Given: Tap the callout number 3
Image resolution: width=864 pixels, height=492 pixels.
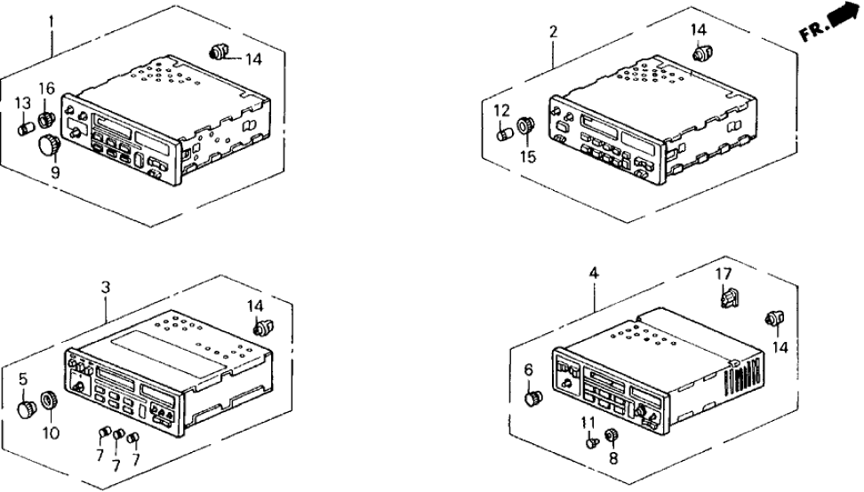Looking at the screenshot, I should click(105, 287).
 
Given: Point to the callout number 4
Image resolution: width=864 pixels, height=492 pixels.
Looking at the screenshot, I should click(594, 274).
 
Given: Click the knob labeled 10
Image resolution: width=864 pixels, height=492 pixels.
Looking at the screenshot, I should click(51, 401).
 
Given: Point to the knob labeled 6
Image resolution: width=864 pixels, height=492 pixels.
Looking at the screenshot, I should click(534, 397).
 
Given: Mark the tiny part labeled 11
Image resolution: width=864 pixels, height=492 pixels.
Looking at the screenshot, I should click(590, 438).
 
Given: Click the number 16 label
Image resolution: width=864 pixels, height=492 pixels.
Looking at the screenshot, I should click(46, 87).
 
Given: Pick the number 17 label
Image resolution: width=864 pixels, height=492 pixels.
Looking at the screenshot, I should click(723, 274).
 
